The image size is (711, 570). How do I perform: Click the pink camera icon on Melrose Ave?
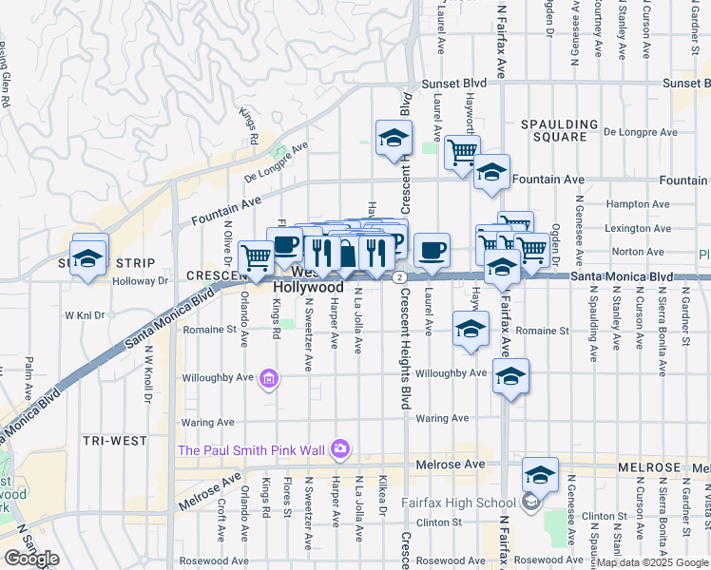[x=341, y=448]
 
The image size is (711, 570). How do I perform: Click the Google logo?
[x=31, y=560]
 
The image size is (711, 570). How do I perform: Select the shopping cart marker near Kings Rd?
[x=257, y=256]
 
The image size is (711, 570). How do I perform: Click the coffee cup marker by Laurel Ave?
[x=432, y=250]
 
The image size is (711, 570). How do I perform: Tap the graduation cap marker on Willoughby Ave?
[x=510, y=378]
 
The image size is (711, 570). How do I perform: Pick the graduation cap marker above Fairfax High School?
[x=540, y=473]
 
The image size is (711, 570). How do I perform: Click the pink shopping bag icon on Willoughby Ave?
[x=269, y=380]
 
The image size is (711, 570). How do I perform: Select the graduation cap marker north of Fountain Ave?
[x=393, y=140]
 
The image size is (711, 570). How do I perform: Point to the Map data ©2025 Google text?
[x=652, y=562]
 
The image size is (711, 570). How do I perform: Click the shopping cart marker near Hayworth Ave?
[x=462, y=151]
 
